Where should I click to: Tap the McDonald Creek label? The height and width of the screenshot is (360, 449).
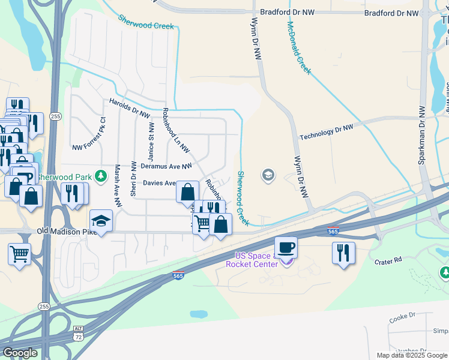pyautogui.click(x=299, y=49)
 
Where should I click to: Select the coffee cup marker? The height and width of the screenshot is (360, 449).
pyautogui.click(x=286, y=247)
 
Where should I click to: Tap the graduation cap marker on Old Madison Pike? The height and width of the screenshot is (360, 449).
pyautogui.click(x=101, y=221)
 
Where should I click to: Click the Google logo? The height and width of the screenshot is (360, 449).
pyautogui.click(x=20, y=352)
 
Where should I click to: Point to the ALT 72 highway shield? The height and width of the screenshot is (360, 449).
pyautogui.click(x=79, y=334)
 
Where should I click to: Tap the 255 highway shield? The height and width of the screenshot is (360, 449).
pyautogui.click(x=56, y=116)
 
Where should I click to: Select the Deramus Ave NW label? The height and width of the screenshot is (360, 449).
pyautogui.click(x=166, y=166)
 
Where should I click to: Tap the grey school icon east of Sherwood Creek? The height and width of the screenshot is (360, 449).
pyautogui.click(x=268, y=175)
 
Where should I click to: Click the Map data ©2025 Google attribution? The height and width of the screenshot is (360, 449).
pyautogui.click(x=411, y=355)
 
